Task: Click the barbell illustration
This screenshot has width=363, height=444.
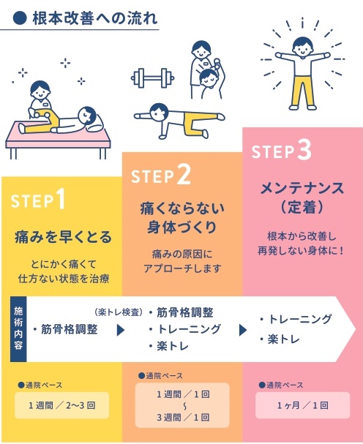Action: pyautogui.click(x=152, y=78)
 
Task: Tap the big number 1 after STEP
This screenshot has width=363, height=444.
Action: pyautogui.click(x=60, y=199)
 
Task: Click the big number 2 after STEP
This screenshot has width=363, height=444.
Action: pyautogui.click(x=184, y=175)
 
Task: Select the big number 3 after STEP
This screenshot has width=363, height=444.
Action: pyautogui.click(x=304, y=151)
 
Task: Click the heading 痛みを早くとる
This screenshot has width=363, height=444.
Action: pyautogui.click(x=63, y=237)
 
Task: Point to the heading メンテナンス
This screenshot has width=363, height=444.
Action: pyautogui.click(x=302, y=188)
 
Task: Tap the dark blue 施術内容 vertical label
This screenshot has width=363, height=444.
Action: pyautogui.click(x=18, y=329)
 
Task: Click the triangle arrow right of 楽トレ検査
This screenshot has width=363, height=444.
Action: pyautogui.click(x=121, y=330)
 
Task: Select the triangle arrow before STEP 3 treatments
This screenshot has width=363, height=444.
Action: pyautogui.click(x=243, y=330)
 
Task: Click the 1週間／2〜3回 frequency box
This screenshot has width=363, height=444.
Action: pyautogui.click(x=61, y=405)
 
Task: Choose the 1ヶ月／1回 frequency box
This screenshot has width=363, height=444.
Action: pyautogui.click(x=303, y=405)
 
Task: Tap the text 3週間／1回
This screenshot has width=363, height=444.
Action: pyautogui.click(x=183, y=417)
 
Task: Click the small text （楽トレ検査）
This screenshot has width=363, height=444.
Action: pyautogui.click(x=119, y=312)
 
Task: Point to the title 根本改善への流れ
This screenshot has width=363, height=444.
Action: pyautogui.click(x=95, y=18)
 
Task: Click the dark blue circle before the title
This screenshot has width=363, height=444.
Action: pyautogui.click(x=20, y=19)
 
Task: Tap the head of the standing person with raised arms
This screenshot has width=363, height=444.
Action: pyautogui.click(x=303, y=47)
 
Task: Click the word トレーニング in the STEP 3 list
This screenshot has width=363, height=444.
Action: pyautogui.click(x=300, y=319)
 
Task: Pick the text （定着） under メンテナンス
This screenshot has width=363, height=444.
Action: pyautogui.click(x=302, y=208)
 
